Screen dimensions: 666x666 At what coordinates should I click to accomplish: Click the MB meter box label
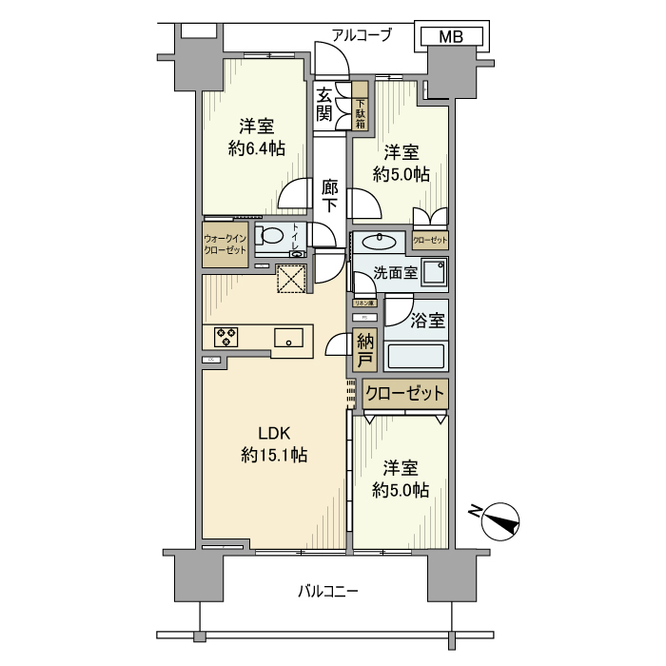click(452, 37)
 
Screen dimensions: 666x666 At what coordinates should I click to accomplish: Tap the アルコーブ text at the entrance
click(362, 35)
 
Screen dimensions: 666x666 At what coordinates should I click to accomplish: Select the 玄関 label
click(324, 104)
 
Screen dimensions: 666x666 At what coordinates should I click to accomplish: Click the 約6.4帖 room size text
click(256, 148)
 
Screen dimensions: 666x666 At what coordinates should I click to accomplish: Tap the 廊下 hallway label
click(329, 194)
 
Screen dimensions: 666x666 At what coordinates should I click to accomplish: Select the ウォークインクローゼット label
click(225, 245)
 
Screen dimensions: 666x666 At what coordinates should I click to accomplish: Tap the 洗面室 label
click(395, 271)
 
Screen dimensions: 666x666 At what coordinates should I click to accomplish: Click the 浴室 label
click(428, 321)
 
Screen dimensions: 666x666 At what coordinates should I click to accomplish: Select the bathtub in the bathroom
click(416, 356)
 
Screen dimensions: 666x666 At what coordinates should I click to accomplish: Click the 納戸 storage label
click(363, 349)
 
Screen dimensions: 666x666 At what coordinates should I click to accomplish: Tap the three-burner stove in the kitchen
click(227, 336)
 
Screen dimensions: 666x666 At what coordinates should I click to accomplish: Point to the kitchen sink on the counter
click(289, 337)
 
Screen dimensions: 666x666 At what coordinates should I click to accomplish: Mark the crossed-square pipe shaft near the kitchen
click(289, 278)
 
